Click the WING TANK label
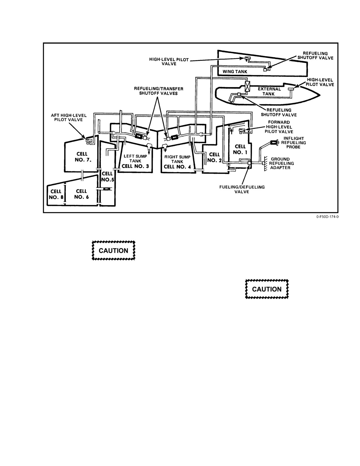[235, 72]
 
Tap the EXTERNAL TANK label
[269, 91]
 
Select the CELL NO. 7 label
[83, 157]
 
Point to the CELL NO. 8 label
[56, 194]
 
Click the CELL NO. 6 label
[81, 194]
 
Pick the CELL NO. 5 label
[107, 176]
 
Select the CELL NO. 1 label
[240, 149]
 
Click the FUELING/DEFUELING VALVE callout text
[242, 189]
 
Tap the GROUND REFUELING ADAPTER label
[281, 163]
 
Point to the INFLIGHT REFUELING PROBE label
[293, 143]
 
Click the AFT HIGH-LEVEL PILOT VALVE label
[69, 117]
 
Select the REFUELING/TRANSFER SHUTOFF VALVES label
[158, 91]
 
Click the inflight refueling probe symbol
[274, 142]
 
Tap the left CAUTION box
[114, 250]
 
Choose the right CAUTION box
[267, 289]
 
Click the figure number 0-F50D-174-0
[327, 217]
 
